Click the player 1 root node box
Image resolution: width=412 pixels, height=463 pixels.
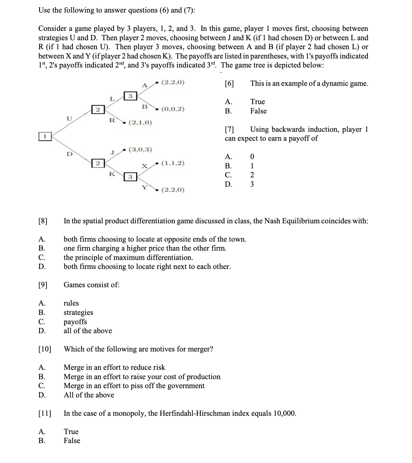(x=45, y=136)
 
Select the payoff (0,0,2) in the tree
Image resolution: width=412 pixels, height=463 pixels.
(x=173, y=109)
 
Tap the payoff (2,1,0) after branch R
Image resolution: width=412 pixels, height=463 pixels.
(x=140, y=122)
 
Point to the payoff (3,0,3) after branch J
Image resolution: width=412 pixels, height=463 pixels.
(x=140, y=150)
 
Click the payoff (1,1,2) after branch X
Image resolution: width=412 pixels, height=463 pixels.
(x=173, y=163)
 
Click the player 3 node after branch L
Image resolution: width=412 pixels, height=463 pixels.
(x=130, y=96)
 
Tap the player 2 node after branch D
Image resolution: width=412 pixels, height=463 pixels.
(x=98, y=163)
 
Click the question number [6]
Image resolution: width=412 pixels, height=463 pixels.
(x=229, y=83)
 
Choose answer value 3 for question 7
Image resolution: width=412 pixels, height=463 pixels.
(x=252, y=184)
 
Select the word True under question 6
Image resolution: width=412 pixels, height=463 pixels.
(x=258, y=102)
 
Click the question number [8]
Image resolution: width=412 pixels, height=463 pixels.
(x=43, y=221)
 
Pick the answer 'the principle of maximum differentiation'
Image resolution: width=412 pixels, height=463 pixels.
(x=128, y=258)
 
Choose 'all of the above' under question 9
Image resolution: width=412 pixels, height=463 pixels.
(x=88, y=331)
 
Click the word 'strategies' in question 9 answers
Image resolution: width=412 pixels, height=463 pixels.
(x=78, y=312)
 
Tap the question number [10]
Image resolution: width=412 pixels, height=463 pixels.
(x=45, y=349)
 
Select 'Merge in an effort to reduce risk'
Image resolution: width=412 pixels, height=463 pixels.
(x=114, y=367)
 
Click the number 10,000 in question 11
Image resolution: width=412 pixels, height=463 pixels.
(x=284, y=413)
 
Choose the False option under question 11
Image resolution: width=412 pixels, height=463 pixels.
(x=72, y=441)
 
